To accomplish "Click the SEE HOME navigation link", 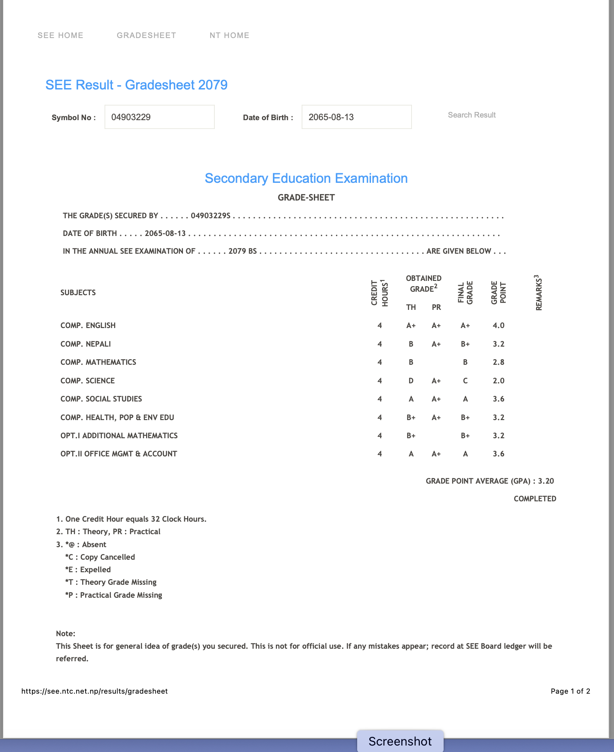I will [x=61, y=35].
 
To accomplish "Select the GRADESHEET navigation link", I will [x=146, y=35].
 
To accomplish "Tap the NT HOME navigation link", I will [x=229, y=35].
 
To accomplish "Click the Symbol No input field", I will [x=159, y=117].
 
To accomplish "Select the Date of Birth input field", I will [x=356, y=117].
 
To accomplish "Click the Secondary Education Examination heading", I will [x=306, y=178].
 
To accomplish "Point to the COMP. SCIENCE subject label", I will [x=88, y=381].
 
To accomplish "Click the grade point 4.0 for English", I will [x=499, y=325].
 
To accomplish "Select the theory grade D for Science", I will [x=411, y=381].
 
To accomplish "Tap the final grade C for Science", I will [x=465, y=381].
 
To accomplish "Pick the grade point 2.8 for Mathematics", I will [x=499, y=362].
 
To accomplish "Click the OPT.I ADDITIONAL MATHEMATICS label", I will [x=119, y=436].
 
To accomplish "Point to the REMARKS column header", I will [x=539, y=293].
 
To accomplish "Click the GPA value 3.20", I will [x=546, y=481].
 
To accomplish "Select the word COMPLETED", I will [x=535, y=499].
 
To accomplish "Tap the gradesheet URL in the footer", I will [x=94, y=691].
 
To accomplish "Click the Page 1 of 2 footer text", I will [x=570, y=691].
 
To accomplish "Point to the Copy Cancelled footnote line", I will [x=100, y=557].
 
